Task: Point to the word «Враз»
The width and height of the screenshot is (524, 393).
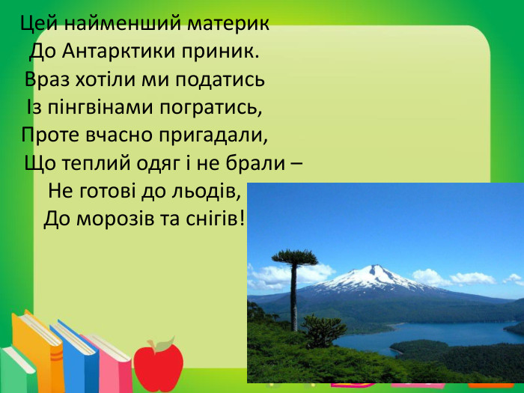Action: [x=49, y=79]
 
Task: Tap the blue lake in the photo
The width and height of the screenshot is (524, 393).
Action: [x=419, y=334]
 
